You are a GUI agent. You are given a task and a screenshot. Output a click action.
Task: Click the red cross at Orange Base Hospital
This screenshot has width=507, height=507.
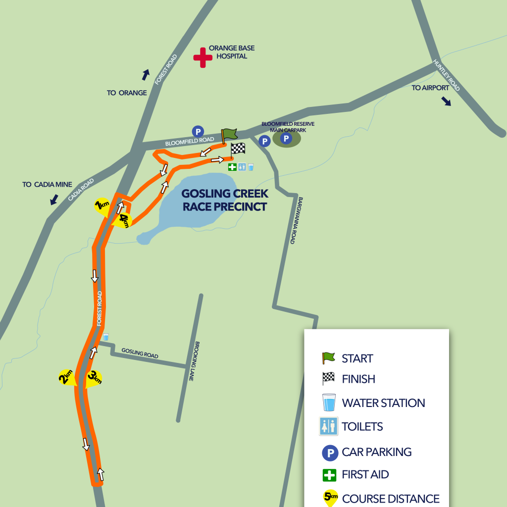pos(202,57)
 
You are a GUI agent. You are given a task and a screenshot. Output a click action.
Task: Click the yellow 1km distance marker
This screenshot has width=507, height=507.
pos(102,206)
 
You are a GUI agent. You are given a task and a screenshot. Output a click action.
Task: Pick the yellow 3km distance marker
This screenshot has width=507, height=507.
pos(94,378)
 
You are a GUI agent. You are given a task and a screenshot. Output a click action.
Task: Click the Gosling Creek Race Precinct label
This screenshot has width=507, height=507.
pos(225,200)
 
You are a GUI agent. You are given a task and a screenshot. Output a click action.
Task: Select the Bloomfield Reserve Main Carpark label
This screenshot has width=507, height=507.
pos(288,127)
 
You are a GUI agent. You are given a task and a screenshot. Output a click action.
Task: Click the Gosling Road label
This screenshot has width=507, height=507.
pos(140,354)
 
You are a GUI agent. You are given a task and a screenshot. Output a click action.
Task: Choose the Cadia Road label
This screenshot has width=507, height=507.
pos(81,190)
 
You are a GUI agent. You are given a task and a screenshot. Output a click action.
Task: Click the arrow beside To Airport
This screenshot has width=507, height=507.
pos(447,101)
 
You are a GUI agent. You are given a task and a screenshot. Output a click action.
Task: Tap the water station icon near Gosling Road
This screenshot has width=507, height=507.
pos(105,337)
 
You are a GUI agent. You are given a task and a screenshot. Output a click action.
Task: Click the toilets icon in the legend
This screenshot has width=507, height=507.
pos(328,426)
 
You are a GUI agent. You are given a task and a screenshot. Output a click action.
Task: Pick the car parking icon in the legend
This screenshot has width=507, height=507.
pos(330,453)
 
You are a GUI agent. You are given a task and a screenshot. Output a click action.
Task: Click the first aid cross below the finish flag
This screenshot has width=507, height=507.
pos(232,167)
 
